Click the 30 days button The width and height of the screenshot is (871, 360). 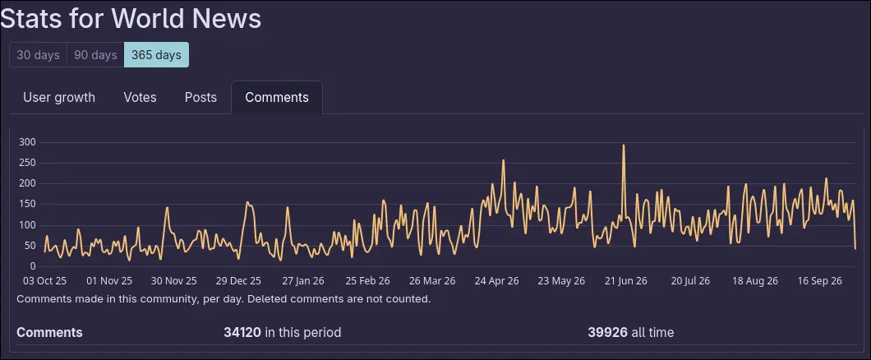pyautogui.click(x=39, y=55)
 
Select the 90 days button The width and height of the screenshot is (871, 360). pyautogui.click(x=95, y=55)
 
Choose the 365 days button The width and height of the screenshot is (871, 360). pyautogui.click(x=156, y=55)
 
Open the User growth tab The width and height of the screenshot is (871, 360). pyautogui.click(x=59, y=98)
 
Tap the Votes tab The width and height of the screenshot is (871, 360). pyautogui.click(x=140, y=98)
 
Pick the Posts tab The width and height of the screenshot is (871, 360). pyautogui.click(x=200, y=98)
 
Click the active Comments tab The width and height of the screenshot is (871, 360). pyautogui.click(x=277, y=98)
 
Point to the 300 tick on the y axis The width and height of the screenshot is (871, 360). pyautogui.click(x=27, y=142)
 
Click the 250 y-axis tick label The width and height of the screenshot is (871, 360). pyautogui.click(x=27, y=164)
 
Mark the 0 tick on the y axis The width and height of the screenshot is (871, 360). pyautogui.click(x=34, y=266)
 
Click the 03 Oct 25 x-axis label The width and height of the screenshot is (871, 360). pyautogui.click(x=44, y=281)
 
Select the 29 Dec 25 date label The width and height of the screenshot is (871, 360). pyautogui.click(x=239, y=281)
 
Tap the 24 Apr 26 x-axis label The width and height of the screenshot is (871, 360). pyautogui.click(x=496, y=281)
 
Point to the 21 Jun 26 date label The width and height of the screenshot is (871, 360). pyautogui.click(x=625, y=281)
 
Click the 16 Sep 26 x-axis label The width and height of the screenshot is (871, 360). pyautogui.click(x=819, y=281)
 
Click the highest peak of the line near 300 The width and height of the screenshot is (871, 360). pyautogui.click(x=624, y=145)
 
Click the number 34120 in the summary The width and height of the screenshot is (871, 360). pyautogui.click(x=242, y=333)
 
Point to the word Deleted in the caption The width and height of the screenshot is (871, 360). pyautogui.click(x=267, y=299)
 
